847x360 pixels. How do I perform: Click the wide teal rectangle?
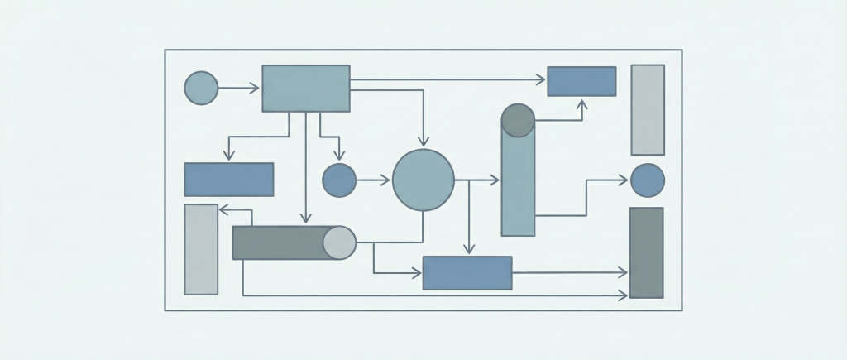306,88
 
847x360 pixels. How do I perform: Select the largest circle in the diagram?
423,180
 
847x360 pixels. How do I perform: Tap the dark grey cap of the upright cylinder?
518,119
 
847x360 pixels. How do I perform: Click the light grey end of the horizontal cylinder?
339,242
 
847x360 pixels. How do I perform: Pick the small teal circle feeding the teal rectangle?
201,88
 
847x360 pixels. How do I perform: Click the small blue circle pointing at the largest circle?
338,180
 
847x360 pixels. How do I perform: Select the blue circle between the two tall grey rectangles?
648,180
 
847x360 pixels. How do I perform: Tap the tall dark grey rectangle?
646,252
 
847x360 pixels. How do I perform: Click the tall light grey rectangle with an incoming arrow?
201,249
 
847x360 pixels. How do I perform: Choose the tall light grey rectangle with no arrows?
648,109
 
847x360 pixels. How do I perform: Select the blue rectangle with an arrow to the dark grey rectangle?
467,272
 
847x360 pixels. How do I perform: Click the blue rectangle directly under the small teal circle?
228,179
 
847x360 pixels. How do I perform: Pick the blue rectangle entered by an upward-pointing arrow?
581,81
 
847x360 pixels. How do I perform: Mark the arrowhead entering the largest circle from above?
423,142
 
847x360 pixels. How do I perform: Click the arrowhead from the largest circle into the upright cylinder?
495,180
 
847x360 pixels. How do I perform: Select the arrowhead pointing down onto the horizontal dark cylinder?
305,219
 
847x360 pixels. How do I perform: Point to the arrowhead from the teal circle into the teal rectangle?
255,88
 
